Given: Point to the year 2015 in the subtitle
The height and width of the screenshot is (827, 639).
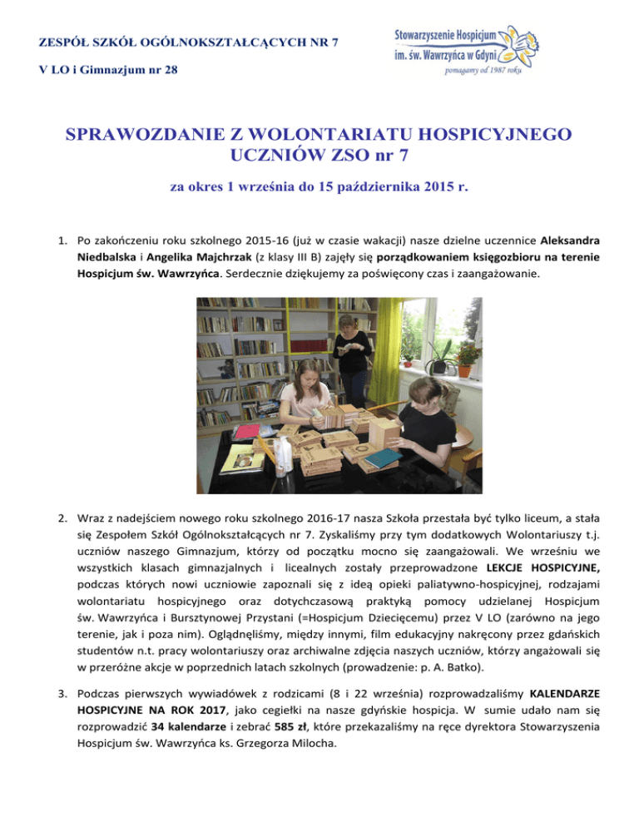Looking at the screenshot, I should click(434, 188).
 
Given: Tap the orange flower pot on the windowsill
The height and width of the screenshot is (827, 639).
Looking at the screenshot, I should click(464, 371).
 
